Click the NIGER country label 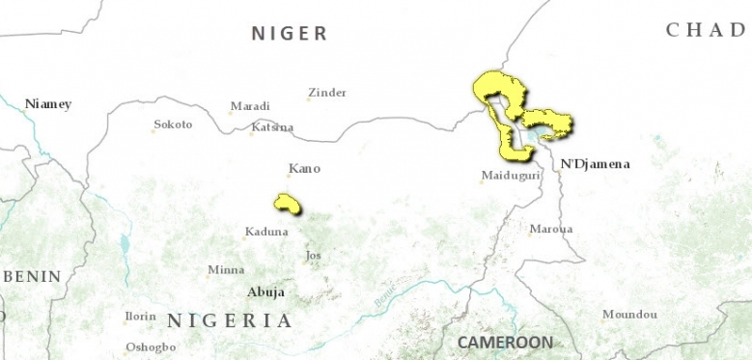(290, 34)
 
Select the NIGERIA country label (229, 320)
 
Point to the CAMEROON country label (505, 343)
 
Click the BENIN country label (30, 276)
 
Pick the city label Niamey (48, 103)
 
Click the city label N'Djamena (595, 164)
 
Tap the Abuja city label (265, 291)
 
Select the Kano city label (304, 169)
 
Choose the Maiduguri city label (510, 176)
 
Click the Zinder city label (326, 93)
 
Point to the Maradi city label (250, 106)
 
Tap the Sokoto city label (173, 125)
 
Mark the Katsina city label (271, 127)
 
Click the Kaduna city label (266, 232)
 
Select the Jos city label (312, 256)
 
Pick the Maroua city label (550, 229)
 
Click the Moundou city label (629, 315)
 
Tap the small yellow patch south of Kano (287, 203)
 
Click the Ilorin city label (140, 317)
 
